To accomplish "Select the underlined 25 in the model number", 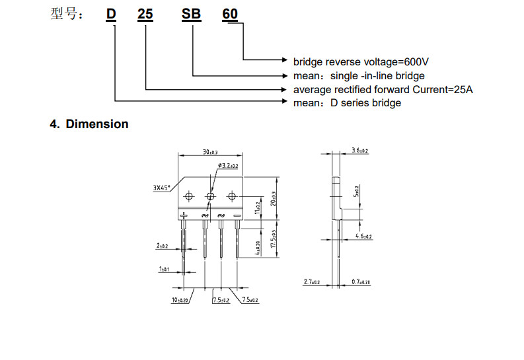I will [x=145, y=14].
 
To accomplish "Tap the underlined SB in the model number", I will [x=192, y=14].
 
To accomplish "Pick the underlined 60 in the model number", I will [x=230, y=14].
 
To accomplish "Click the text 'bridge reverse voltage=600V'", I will [x=361, y=61].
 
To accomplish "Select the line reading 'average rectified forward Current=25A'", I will [x=383, y=89].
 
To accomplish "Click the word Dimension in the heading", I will [x=97, y=124].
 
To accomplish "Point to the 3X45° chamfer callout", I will [x=161, y=188].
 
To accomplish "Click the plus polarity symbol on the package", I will [x=184, y=215].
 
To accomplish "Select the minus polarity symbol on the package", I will [x=237, y=215].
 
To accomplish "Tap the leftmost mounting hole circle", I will [x=190, y=196].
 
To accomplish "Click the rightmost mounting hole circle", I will [x=232, y=196].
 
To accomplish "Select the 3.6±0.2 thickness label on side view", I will [x=360, y=151].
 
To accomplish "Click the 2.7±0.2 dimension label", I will [x=311, y=282].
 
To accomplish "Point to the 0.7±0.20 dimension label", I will [x=361, y=282].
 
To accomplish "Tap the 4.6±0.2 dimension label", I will [x=363, y=236].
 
